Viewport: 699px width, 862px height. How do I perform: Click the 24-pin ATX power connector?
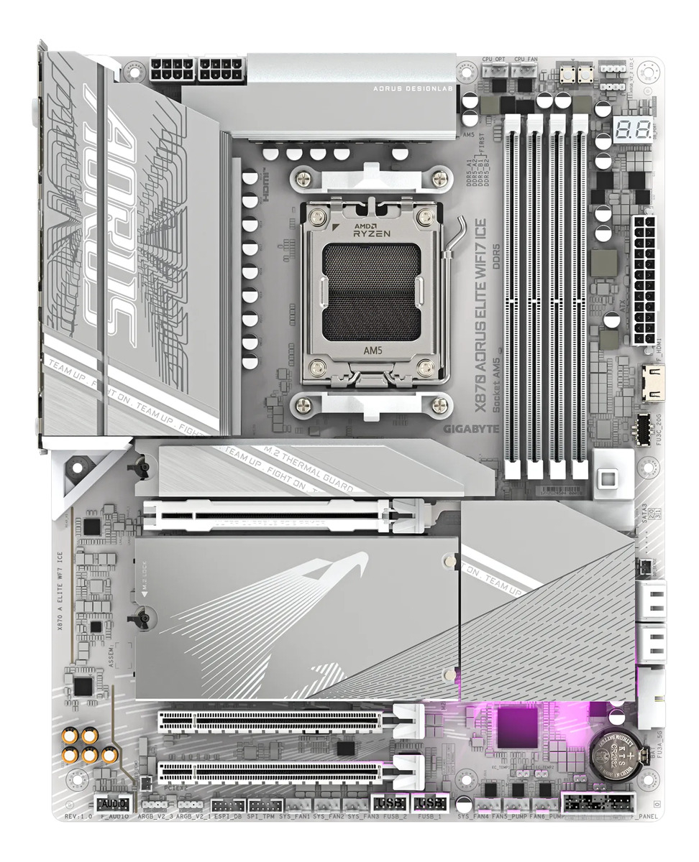pyautogui.click(x=645, y=280)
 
